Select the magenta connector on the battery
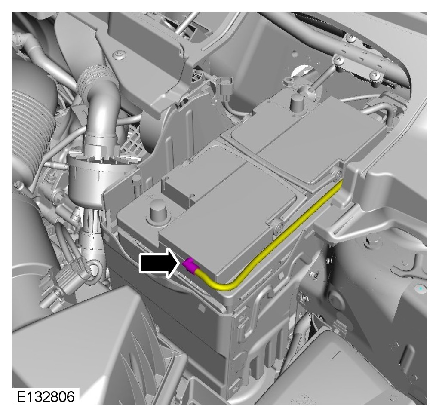coord(190,265)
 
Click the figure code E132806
coord(46,396)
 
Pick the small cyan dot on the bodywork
coord(420,288)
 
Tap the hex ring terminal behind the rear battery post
coord(289,81)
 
